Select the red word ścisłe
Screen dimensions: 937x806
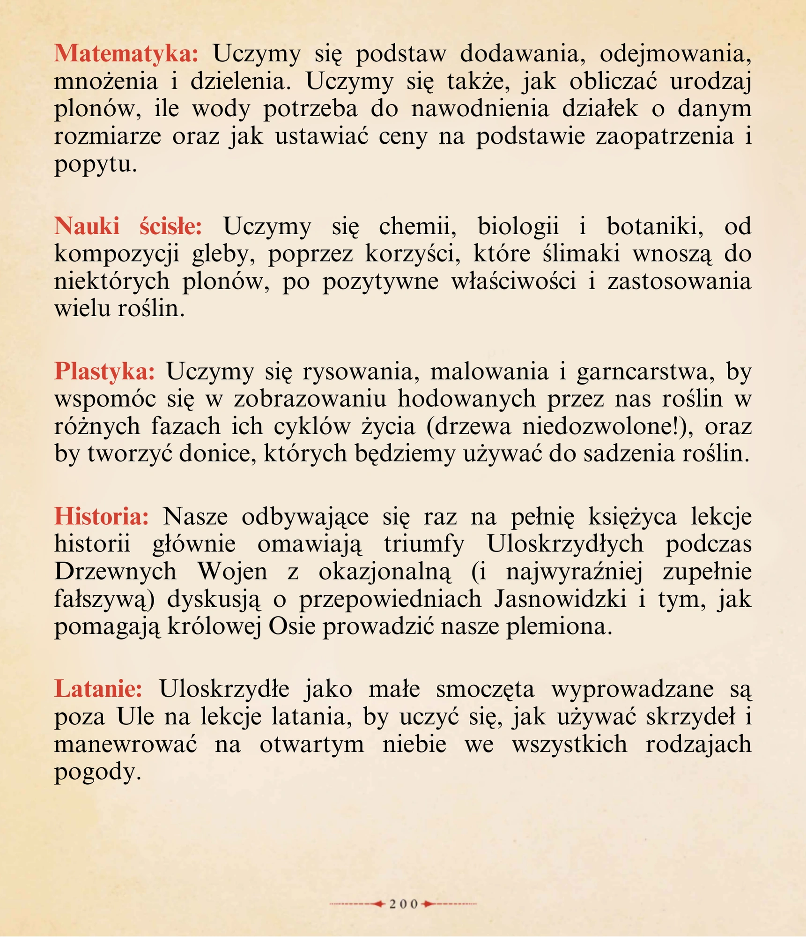[x=170, y=226]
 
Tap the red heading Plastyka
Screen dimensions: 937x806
[x=104, y=372]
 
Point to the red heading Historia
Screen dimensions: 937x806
[x=102, y=517]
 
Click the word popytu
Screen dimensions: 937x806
[x=96, y=165]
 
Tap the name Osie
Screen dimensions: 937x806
[x=292, y=627]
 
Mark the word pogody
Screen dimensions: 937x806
[x=97, y=772]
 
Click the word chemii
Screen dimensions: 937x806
[x=417, y=226]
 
